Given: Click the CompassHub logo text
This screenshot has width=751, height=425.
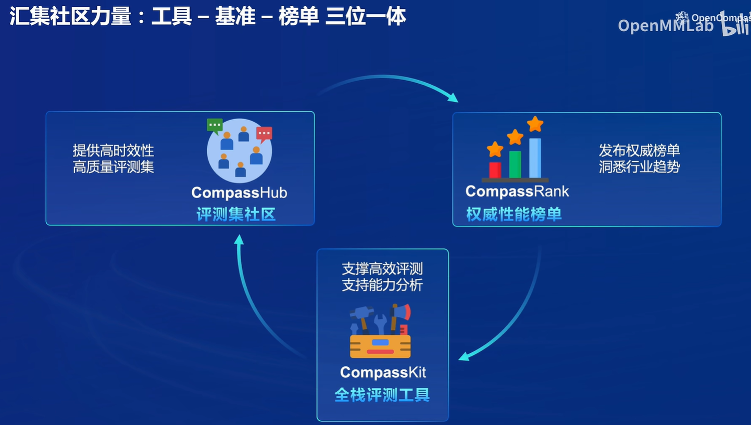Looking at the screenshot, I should pyautogui.click(x=239, y=193).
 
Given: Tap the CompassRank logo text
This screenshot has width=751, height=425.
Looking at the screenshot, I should pyautogui.click(x=517, y=191).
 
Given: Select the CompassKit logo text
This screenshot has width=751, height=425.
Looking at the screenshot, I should pyautogui.click(x=383, y=372).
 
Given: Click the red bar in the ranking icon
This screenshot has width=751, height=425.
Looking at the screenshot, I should pyautogui.click(x=495, y=170).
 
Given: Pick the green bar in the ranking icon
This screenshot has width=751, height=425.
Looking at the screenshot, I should pyautogui.click(x=515, y=164).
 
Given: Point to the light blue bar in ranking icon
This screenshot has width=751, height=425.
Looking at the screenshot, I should pyautogui.click(x=535, y=158).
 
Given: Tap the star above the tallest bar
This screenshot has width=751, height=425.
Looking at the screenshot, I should pyautogui.click(x=535, y=124).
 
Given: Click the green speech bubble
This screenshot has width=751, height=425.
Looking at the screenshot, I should pyautogui.click(x=215, y=125).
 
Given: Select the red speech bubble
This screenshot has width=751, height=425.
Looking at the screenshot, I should pyautogui.click(x=264, y=134).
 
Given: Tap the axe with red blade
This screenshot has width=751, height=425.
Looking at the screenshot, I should pyautogui.click(x=401, y=315).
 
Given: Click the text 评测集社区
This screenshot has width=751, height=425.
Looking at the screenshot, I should pyautogui.click(x=236, y=214).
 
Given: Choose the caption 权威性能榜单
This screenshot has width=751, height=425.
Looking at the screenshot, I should pyautogui.click(x=514, y=214).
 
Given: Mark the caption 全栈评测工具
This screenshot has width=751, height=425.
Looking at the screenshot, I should pyautogui.click(x=382, y=395).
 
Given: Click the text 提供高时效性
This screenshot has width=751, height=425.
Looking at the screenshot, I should pyautogui.click(x=114, y=151).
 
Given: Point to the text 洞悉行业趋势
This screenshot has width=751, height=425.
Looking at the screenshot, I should pyautogui.click(x=639, y=167).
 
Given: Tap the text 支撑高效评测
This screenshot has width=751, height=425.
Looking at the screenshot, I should pyautogui.click(x=382, y=269).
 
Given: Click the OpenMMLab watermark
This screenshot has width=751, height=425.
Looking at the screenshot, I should pyautogui.click(x=665, y=25).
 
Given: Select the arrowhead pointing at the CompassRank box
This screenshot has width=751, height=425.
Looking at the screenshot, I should pyautogui.click(x=453, y=97).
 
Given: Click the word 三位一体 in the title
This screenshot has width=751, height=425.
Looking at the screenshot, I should pyautogui.click(x=366, y=17).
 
